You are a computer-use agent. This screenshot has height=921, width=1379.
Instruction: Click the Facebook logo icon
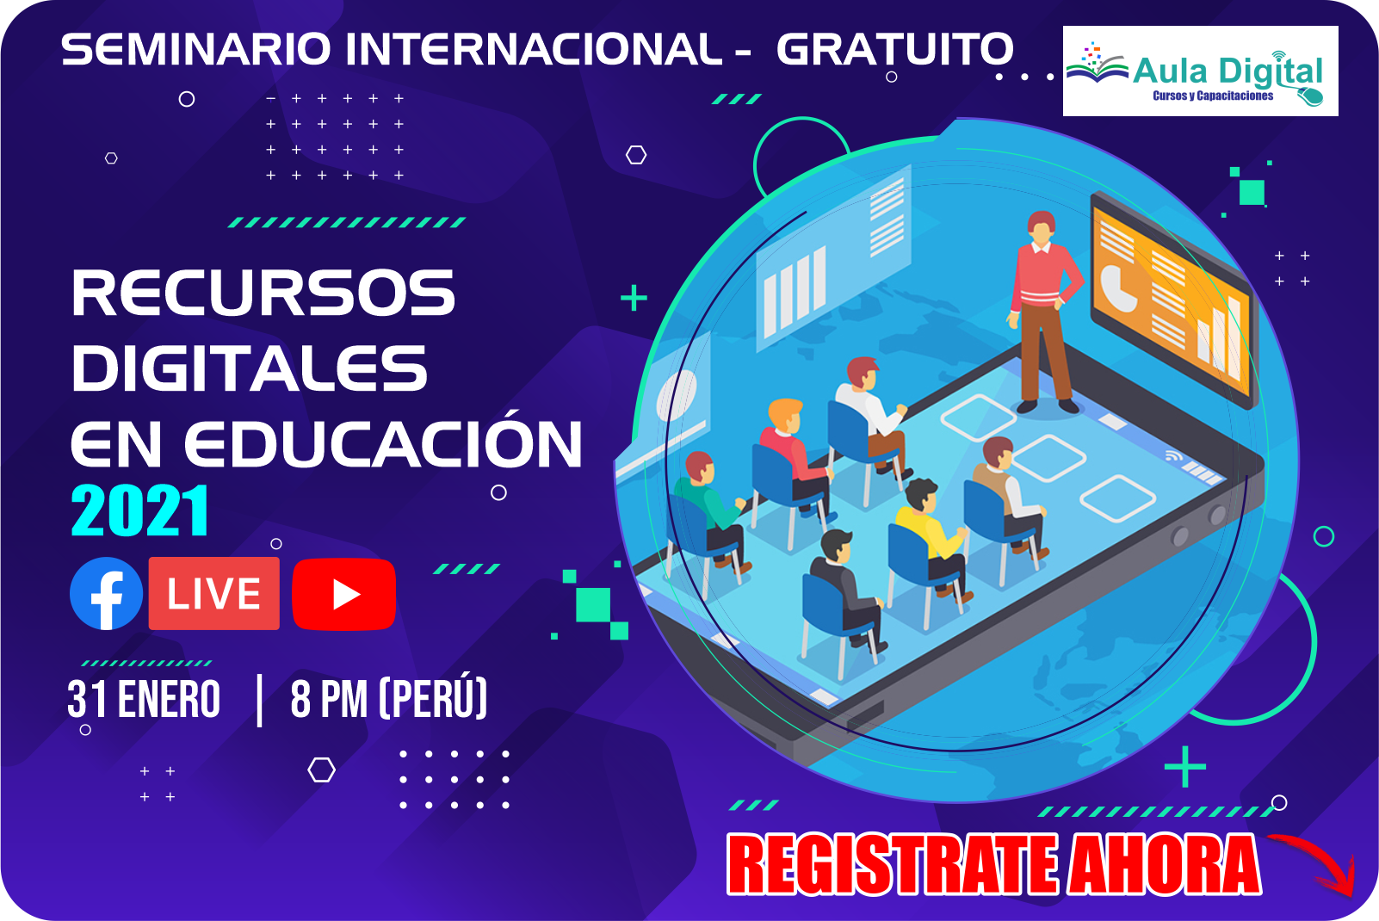point(106,593)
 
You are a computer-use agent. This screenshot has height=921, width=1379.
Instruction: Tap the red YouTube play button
point(343,594)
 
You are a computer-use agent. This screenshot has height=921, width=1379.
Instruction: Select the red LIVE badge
point(213,593)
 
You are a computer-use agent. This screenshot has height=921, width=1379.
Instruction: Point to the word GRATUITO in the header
point(894,49)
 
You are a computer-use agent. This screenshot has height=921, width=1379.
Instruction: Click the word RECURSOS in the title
point(263,293)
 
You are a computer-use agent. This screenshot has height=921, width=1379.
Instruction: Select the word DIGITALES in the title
point(250,368)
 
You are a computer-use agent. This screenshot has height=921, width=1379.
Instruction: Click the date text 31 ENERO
point(144,699)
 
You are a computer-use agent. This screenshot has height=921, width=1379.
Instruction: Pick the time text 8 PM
point(329,699)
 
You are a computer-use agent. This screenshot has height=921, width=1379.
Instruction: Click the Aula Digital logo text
point(1227,71)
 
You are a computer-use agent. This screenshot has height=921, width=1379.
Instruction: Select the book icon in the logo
point(1097,64)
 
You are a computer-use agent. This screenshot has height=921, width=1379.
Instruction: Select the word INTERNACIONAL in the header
point(533,49)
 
